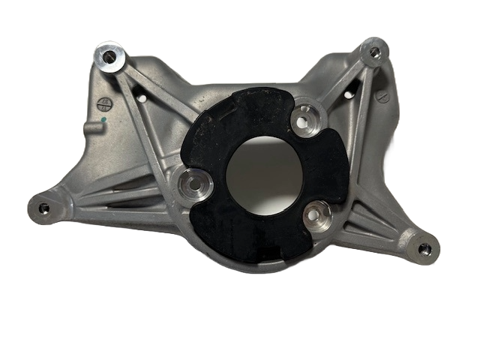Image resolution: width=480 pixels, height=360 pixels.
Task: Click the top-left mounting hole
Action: [x=110, y=56]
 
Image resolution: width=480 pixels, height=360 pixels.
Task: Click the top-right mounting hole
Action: [x=374, y=52]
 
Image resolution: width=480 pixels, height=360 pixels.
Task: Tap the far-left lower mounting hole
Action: [x=43, y=207]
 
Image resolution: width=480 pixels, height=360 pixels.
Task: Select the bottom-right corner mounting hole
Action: [x=425, y=248]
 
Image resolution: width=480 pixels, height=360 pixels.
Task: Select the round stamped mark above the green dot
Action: [x=104, y=103]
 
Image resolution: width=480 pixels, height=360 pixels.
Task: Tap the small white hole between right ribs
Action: [x=347, y=94]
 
